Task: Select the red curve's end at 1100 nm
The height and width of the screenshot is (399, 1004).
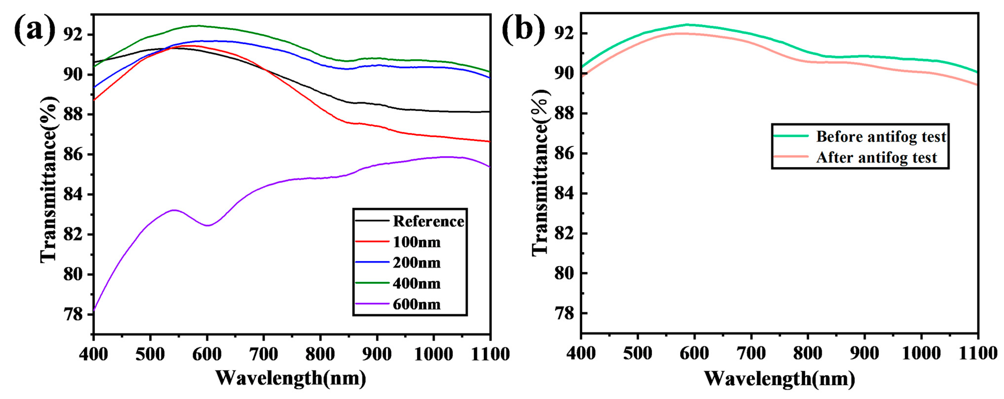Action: pyautogui.click(x=489, y=142)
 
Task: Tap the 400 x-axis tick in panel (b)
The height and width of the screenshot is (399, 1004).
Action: pyautogui.click(x=581, y=353)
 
